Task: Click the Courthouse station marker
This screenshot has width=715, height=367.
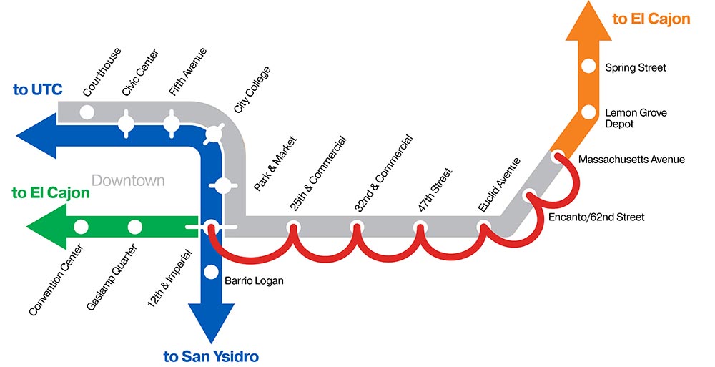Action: [x=87, y=112]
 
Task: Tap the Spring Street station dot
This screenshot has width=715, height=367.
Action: [x=588, y=67]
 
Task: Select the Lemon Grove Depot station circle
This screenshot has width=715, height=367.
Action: [x=588, y=112]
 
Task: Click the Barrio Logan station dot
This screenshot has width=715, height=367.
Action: [x=211, y=272]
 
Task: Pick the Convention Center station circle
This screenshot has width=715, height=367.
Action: [x=81, y=227]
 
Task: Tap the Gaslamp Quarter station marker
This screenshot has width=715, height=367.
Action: [x=134, y=227]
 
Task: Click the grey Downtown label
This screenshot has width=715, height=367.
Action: [x=128, y=181]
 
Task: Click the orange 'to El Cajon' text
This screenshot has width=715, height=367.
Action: [x=651, y=19]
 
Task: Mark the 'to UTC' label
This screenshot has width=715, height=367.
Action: [x=38, y=90]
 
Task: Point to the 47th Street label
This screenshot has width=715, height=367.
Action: [x=434, y=190]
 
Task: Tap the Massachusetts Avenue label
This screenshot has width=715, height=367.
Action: [x=631, y=160]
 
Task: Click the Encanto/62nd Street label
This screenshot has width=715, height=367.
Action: [x=598, y=217]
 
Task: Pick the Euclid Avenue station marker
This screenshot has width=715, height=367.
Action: [x=484, y=228]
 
